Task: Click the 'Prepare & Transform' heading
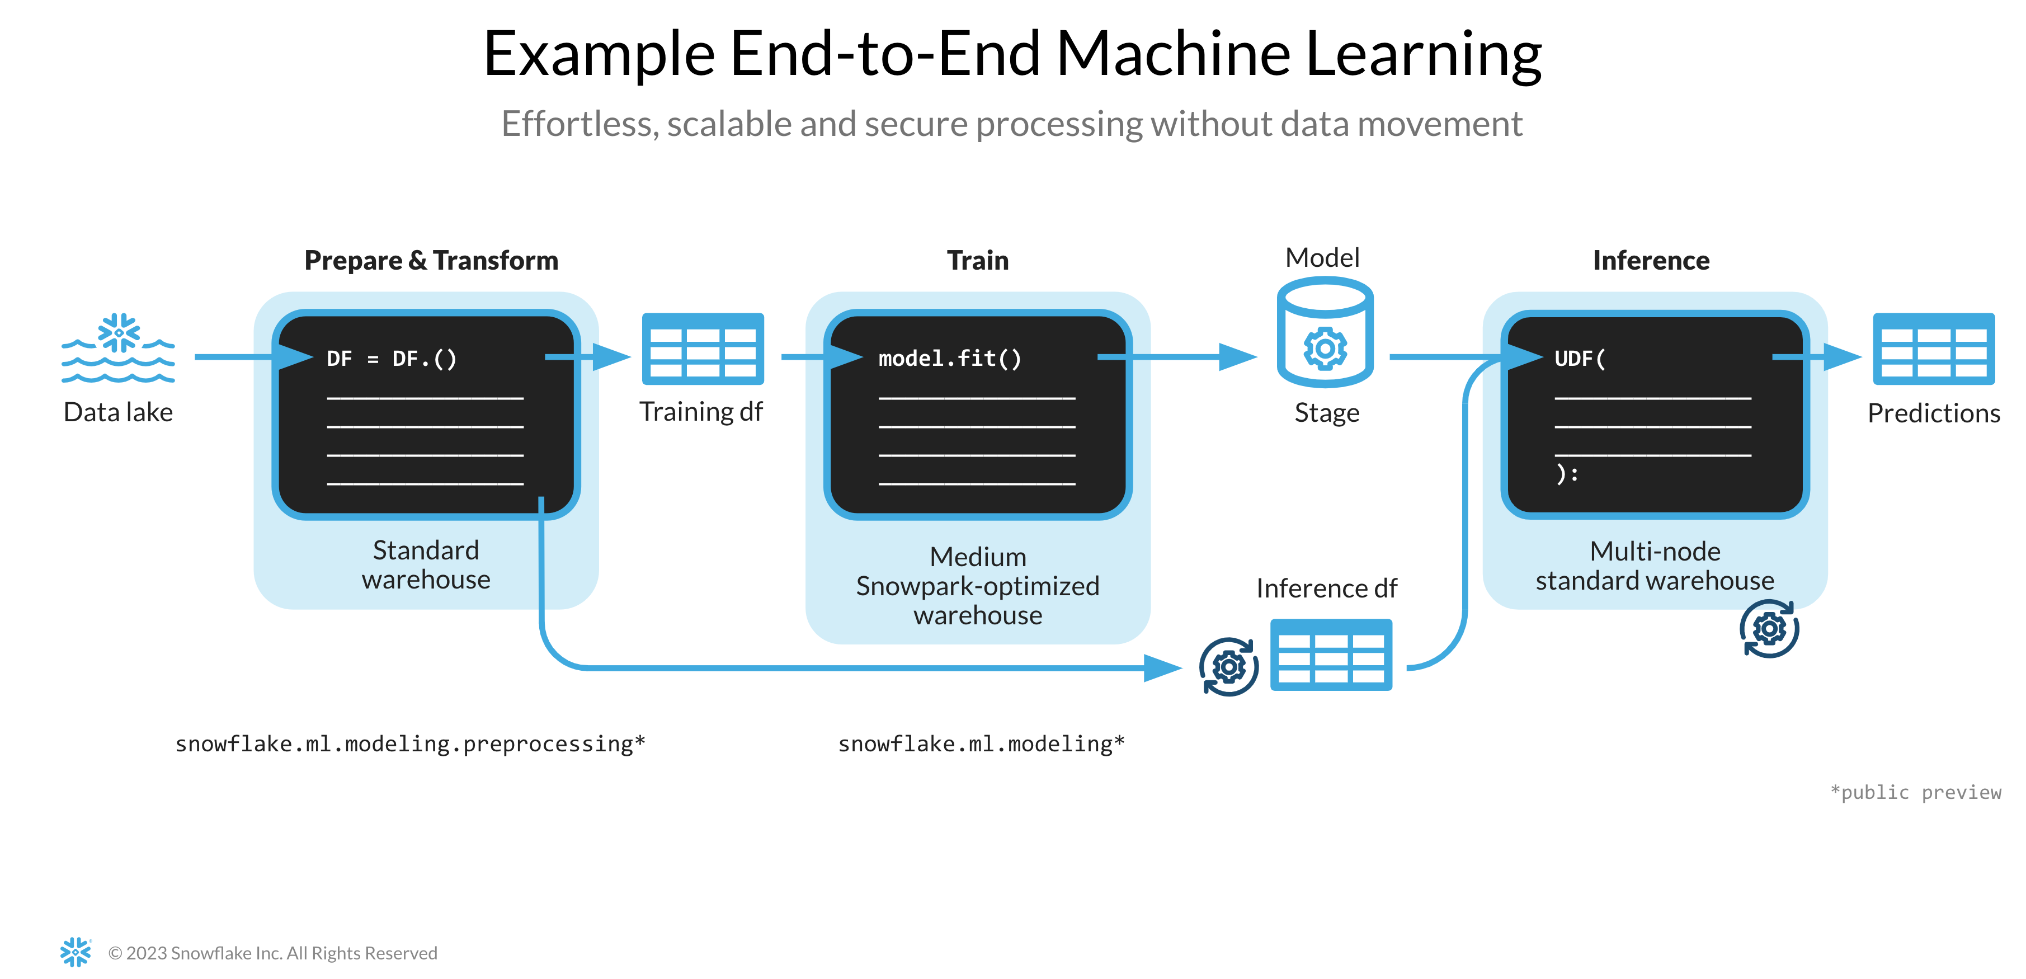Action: coord(431,260)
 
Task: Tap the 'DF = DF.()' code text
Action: coord(392,359)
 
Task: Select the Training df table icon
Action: coord(703,349)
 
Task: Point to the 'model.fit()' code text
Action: coord(949,359)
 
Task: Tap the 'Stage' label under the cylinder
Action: coord(1326,413)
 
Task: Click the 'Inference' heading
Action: coord(1650,260)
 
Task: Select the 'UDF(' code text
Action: coord(1579,359)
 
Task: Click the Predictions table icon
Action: coord(1933,349)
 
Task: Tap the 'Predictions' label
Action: coord(1933,413)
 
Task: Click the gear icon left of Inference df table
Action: coord(1228,667)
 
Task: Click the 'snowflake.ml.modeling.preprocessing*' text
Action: coord(410,744)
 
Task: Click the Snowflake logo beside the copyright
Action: coord(76,952)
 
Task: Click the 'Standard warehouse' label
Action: coord(426,564)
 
